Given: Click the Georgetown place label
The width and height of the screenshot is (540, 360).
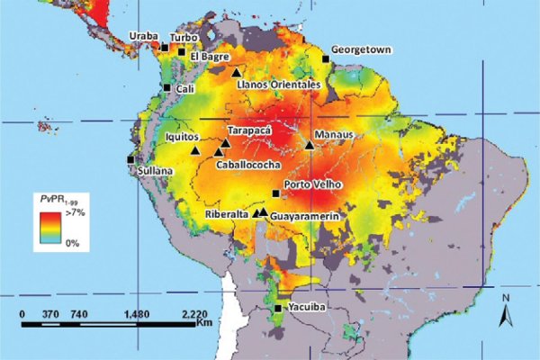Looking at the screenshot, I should click(x=361, y=49).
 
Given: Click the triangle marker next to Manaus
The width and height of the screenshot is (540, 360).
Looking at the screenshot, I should click(x=310, y=144).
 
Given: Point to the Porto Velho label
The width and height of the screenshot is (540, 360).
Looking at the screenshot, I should click(x=311, y=184).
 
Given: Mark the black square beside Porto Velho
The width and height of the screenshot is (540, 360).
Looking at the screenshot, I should click(x=275, y=192).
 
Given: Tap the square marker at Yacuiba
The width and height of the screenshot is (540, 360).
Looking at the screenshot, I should click(x=278, y=309).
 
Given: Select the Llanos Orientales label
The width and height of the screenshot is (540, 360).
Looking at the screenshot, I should click(x=278, y=85).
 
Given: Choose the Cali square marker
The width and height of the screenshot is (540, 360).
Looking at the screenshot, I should click(x=166, y=87).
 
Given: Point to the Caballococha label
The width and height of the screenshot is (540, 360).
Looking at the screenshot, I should click(x=247, y=166).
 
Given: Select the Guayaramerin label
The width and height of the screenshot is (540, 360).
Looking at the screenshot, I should click(x=308, y=217).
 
